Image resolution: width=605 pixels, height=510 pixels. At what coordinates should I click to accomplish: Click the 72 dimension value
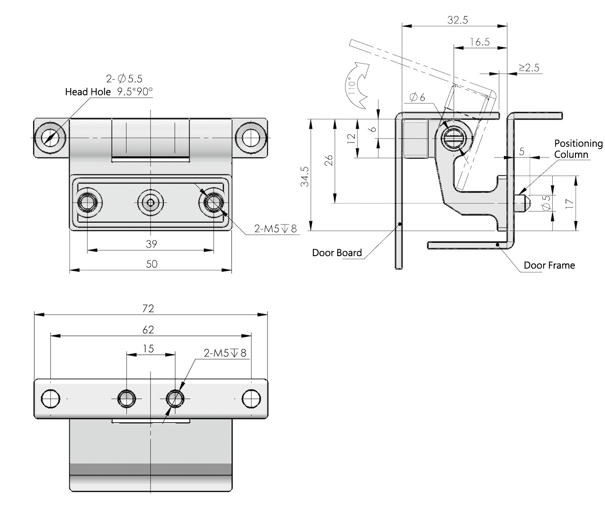(x=149, y=308)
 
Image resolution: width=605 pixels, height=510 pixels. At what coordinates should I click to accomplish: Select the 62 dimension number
(x=149, y=330)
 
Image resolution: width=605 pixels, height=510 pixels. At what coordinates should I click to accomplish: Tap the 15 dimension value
(x=149, y=348)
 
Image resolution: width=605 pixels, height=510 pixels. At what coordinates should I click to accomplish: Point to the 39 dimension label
(x=151, y=244)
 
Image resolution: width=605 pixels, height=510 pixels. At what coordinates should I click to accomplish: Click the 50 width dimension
(x=151, y=264)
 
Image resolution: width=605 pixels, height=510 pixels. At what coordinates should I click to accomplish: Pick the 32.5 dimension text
(x=458, y=20)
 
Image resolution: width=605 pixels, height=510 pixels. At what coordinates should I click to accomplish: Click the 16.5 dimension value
(x=479, y=42)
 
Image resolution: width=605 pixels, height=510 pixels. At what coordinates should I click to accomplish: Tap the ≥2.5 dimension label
(x=529, y=67)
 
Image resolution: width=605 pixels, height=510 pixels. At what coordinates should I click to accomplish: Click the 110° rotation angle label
(x=353, y=85)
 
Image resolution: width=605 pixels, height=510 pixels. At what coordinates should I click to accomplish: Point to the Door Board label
(x=337, y=252)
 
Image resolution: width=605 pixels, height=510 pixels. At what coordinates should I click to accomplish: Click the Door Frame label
(x=549, y=265)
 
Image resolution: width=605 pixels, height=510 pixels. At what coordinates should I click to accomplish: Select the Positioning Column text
(x=578, y=149)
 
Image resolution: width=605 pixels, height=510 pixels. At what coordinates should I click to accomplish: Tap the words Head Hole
(x=88, y=92)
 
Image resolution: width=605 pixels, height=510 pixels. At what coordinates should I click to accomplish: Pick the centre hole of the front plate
(x=150, y=202)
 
